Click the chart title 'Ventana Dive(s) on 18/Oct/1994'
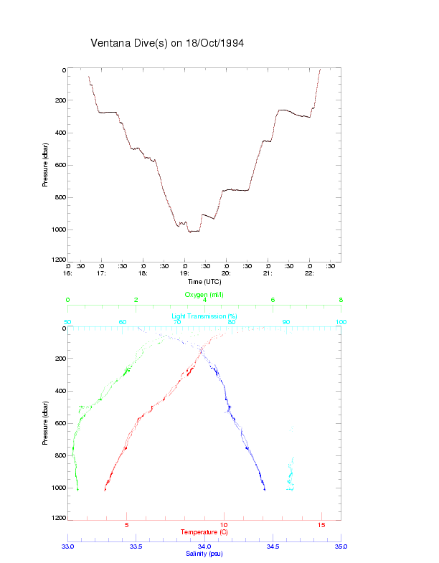tap(167, 43)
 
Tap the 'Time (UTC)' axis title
tap(204, 282)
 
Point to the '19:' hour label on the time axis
tap(184, 273)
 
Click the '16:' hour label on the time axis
tap(68, 273)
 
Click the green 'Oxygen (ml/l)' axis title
tap(204, 295)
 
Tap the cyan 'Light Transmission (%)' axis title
tap(204, 316)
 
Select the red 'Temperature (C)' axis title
tap(204, 532)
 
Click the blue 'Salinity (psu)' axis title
tap(204, 554)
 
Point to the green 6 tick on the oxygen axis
tap(273, 301)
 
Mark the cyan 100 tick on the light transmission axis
tap(340, 322)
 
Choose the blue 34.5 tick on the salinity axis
tap(273, 547)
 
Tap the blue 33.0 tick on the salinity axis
tap(68, 547)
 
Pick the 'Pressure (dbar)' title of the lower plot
tap(45, 423)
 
